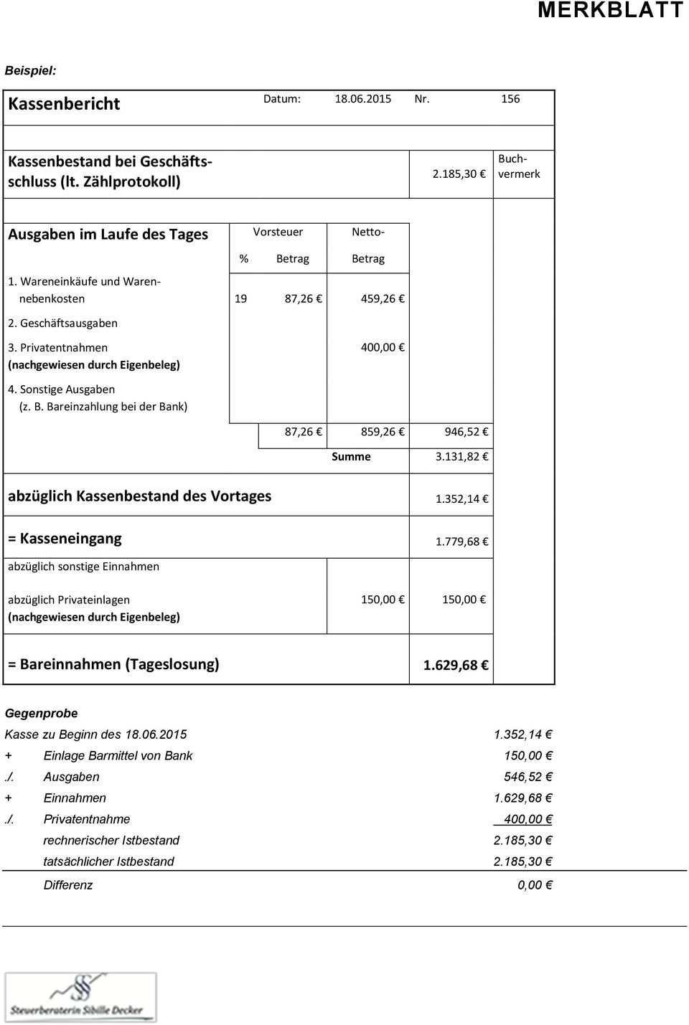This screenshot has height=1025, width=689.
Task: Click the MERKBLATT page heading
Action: [610, 10]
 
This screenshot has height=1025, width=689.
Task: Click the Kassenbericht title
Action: [64, 104]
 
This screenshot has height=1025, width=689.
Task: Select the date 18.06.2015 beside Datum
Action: [362, 99]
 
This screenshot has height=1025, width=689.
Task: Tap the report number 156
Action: [510, 99]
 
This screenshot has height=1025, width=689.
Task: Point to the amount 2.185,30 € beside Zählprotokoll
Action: [459, 174]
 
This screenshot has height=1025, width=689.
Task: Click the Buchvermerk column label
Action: [519, 166]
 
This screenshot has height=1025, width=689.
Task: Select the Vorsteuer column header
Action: [278, 232]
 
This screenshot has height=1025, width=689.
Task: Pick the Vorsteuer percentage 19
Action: [240, 299]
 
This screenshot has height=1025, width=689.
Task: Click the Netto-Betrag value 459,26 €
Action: [383, 299]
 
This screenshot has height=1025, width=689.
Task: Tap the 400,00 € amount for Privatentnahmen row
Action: [383, 348]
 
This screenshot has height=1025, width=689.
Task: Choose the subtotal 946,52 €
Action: [467, 433]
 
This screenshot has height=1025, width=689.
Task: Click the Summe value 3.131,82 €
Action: [462, 457]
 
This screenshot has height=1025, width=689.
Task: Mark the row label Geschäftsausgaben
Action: [68, 323]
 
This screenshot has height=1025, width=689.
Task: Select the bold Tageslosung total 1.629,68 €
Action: [456, 666]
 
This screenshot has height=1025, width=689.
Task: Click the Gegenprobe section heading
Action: [41, 714]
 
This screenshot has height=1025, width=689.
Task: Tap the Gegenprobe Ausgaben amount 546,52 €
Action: [528, 777]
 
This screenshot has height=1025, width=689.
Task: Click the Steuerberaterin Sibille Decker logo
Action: [80, 997]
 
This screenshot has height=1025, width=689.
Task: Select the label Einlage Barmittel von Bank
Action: [118, 756]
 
